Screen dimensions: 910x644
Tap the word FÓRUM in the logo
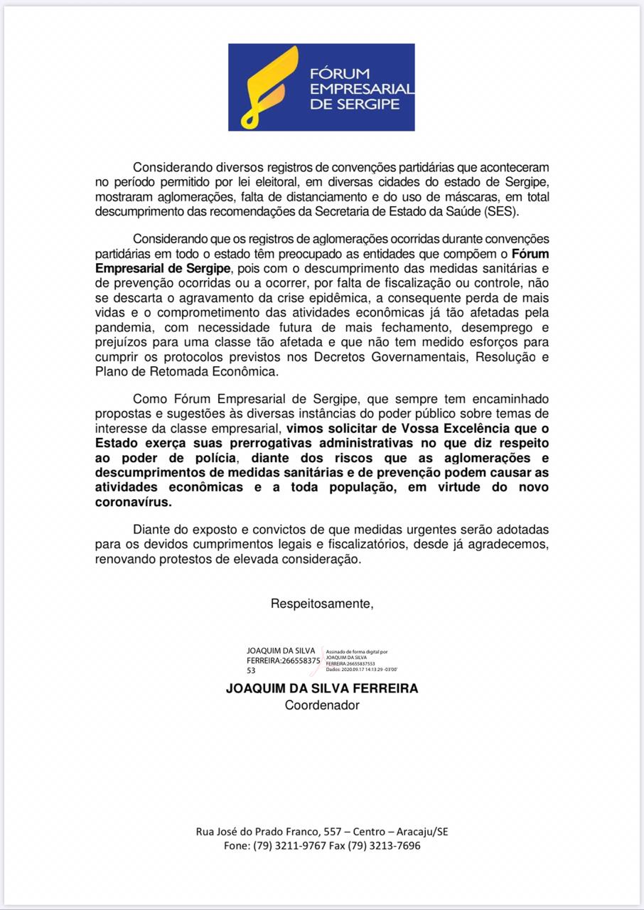coord(339,73)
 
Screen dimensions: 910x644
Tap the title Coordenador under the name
coord(322,705)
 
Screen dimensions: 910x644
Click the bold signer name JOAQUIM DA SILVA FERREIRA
coord(322,688)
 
